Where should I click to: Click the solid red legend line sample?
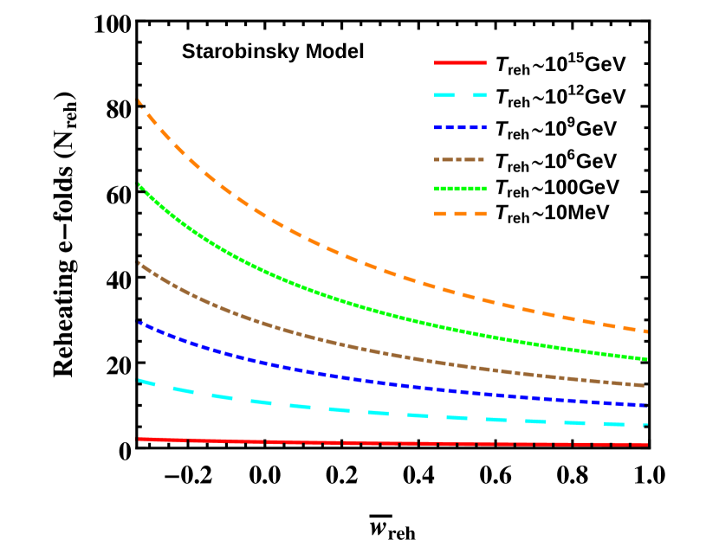click(x=460, y=62)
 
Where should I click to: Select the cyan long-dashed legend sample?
click(x=460, y=95)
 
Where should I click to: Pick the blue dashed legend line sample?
click(x=460, y=127)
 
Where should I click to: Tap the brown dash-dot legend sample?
click(x=459, y=159)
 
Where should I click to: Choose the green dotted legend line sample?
click(x=460, y=189)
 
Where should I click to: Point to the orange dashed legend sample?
click(x=460, y=214)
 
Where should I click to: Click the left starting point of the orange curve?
click(x=139, y=101)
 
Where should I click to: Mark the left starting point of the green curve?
click(x=139, y=185)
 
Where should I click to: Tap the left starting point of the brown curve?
click(x=139, y=262)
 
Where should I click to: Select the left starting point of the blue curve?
click(x=139, y=323)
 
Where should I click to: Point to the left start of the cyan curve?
click(x=139, y=380)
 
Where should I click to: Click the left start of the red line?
click(x=139, y=439)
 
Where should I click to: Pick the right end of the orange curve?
click(x=646, y=331)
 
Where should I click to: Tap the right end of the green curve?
click(x=646, y=358)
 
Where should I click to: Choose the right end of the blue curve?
click(x=646, y=405)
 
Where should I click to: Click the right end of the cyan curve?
click(x=646, y=425)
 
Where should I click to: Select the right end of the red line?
click(x=646, y=444)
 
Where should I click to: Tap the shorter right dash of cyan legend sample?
click(x=480, y=95)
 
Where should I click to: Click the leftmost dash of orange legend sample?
click(x=440, y=214)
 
